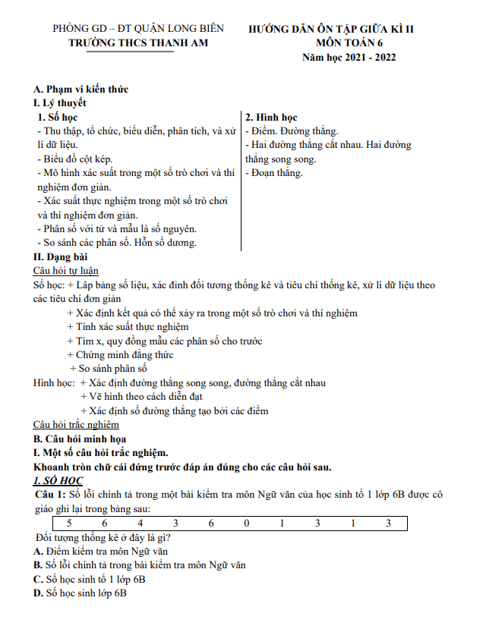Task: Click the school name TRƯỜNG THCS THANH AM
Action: pyautogui.click(x=137, y=43)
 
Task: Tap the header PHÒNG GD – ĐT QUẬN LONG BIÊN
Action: pyautogui.click(x=138, y=29)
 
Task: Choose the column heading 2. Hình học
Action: pyautogui.click(x=270, y=118)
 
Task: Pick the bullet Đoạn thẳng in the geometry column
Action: pyautogui.click(x=274, y=173)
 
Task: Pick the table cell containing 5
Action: pyautogui.click(x=69, y=524)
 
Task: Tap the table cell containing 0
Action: pyautogui.click(x=245, y=524)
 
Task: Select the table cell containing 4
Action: pyautogui.click(x=140, y=524)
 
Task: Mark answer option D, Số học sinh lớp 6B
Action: pyautogui.click(x=80, y=593)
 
